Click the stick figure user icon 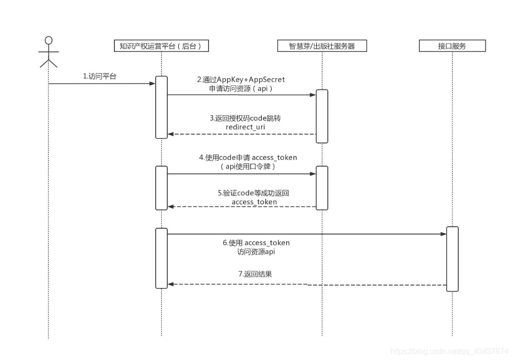[x=48, y=52]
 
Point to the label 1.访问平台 [x=99, y=76]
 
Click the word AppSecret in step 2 [x=267, y=79]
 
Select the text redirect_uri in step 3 [x=245, y=127]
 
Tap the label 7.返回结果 [x=255, y=274]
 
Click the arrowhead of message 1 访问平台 [x=152, y=84]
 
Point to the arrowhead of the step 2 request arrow [x=313, y=95]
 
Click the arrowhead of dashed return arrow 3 [x=171, y=134]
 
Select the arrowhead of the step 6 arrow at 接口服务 [x=443, y=234]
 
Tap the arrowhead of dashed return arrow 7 [x=171, y=284]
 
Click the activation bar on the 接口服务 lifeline [x=452, y=259]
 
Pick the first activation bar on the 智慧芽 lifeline [x=322, y=116]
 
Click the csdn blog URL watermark [x=449, y=351]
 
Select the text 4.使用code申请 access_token [x=248, y=157]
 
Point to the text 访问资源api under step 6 [x=256, y=252]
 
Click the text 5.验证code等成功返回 [x=254, y=193]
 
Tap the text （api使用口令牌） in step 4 [x=248, y=166]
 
